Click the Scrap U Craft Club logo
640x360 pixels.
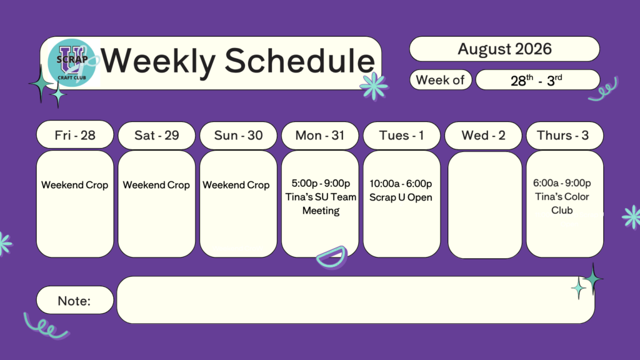[x=72, y=62]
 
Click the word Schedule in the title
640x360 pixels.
[x=300, y=61]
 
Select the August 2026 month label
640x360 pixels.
[x=504, y=49]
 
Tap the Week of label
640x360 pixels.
[x=441, y=79]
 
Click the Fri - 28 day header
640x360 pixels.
[x=75, y=135]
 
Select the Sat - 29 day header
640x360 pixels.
[x=157, y=135]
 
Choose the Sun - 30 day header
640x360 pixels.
[x=238, y=135]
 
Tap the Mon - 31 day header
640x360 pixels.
[x=320, y=135]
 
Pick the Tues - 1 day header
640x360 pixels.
[x=402, y=135]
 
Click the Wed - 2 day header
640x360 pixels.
[x=483, y=135]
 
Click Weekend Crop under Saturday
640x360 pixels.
[x=156, y=185]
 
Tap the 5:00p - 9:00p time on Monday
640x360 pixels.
[x=321, y=183]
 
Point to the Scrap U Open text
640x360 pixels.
[x=401, y=197]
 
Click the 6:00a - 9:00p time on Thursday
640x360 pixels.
[x=562, y=183]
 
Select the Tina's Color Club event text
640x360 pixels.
[x=562, y=203]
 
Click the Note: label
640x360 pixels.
[x=74, y=301]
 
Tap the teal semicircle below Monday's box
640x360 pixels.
[x=332, y=257]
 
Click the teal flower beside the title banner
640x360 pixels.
[x=374, y=86]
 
